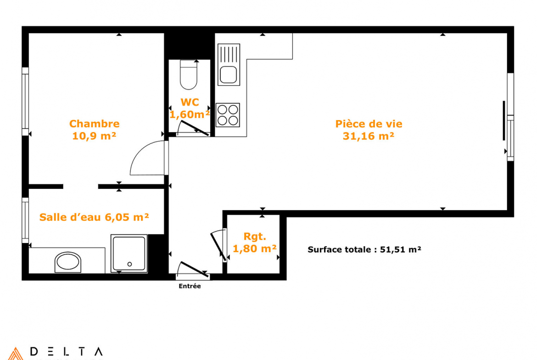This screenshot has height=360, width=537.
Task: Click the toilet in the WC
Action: pos(188,75)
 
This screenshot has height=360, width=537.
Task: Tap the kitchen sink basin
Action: pos(229,75)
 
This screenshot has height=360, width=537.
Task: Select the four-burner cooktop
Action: pos(228,115)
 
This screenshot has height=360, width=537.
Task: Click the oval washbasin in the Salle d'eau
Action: pos(68,262)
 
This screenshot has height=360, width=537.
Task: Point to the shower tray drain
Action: pos(129,264)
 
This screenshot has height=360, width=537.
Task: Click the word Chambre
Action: pos(95,123)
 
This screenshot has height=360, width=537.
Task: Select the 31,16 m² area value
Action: pos(369,136)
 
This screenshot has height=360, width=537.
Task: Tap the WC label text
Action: pos(190,102)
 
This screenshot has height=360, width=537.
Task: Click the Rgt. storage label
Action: pos(254,237)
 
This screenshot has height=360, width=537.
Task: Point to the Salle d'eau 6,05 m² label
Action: pos(94,217)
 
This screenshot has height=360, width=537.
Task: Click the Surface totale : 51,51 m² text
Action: pos(364,249)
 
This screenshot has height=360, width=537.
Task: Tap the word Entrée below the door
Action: pos(190,286)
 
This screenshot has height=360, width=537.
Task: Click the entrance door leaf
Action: pos(193,269)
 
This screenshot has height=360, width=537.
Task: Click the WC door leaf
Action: pos(195,128)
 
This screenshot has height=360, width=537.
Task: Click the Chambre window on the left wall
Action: pos(25,101)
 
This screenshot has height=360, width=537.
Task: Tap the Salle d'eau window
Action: pos(25,221)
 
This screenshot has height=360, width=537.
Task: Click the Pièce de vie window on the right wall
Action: pos(510,116)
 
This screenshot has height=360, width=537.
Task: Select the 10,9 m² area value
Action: pos(94,136)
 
